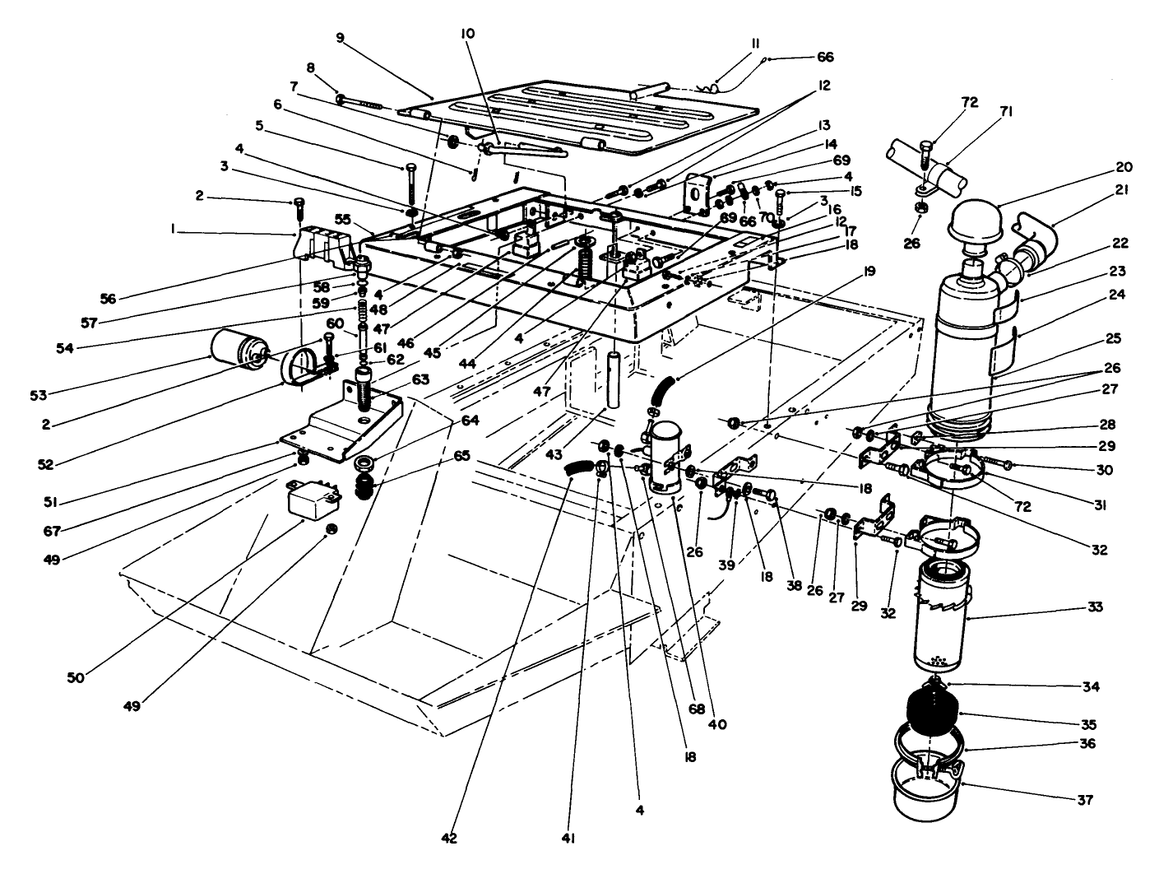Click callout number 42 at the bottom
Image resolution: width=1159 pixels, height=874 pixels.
click(x=447, y=838)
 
